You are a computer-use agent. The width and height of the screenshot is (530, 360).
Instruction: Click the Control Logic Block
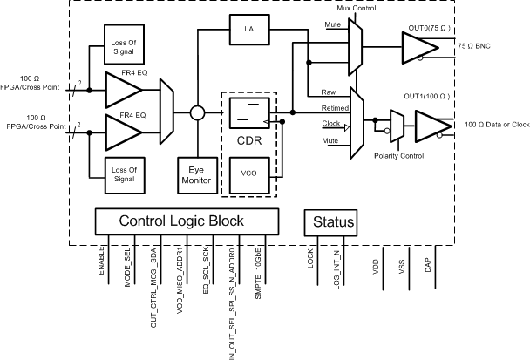click(181, 221)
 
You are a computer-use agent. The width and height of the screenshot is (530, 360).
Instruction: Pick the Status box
click(331, 222)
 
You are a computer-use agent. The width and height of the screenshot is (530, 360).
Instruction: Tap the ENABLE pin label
click(103, 262)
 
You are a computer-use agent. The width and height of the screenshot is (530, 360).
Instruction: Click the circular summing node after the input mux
click(198, 113)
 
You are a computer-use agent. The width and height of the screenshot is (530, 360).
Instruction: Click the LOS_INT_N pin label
click(336, 270)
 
